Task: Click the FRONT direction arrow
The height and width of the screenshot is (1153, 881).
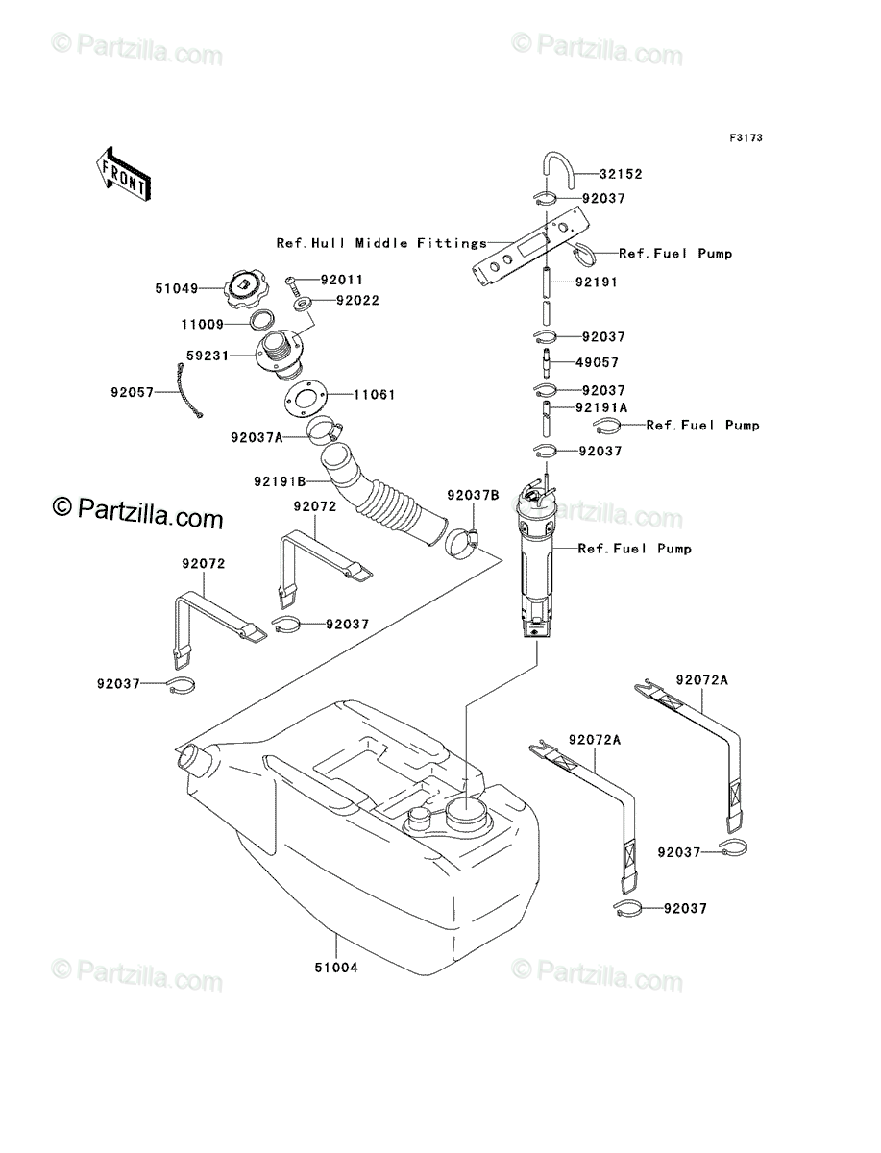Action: [x=124, y=175]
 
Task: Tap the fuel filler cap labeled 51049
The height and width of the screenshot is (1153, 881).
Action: [x=246, y=290]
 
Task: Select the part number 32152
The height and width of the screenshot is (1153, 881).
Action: [x=621, y=174]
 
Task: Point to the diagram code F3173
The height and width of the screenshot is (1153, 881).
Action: [x=746, y=138]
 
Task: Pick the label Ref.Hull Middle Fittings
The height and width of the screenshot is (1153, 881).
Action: [x=381, y=243]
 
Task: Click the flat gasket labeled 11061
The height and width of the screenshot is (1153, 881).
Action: [x=306, y=397]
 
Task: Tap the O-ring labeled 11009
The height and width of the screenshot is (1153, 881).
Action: [x=262, y=321]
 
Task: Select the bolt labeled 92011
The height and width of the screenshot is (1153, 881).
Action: [x=292, y=284]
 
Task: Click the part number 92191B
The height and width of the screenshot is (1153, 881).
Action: [x=280, y=481]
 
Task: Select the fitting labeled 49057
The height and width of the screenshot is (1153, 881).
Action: [x=547, y=362]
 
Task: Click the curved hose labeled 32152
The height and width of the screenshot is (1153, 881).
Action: [x=557, y=170]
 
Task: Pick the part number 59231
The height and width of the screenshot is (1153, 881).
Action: [x=208, y=356]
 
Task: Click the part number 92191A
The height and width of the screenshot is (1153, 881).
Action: [x=601, y=407]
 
